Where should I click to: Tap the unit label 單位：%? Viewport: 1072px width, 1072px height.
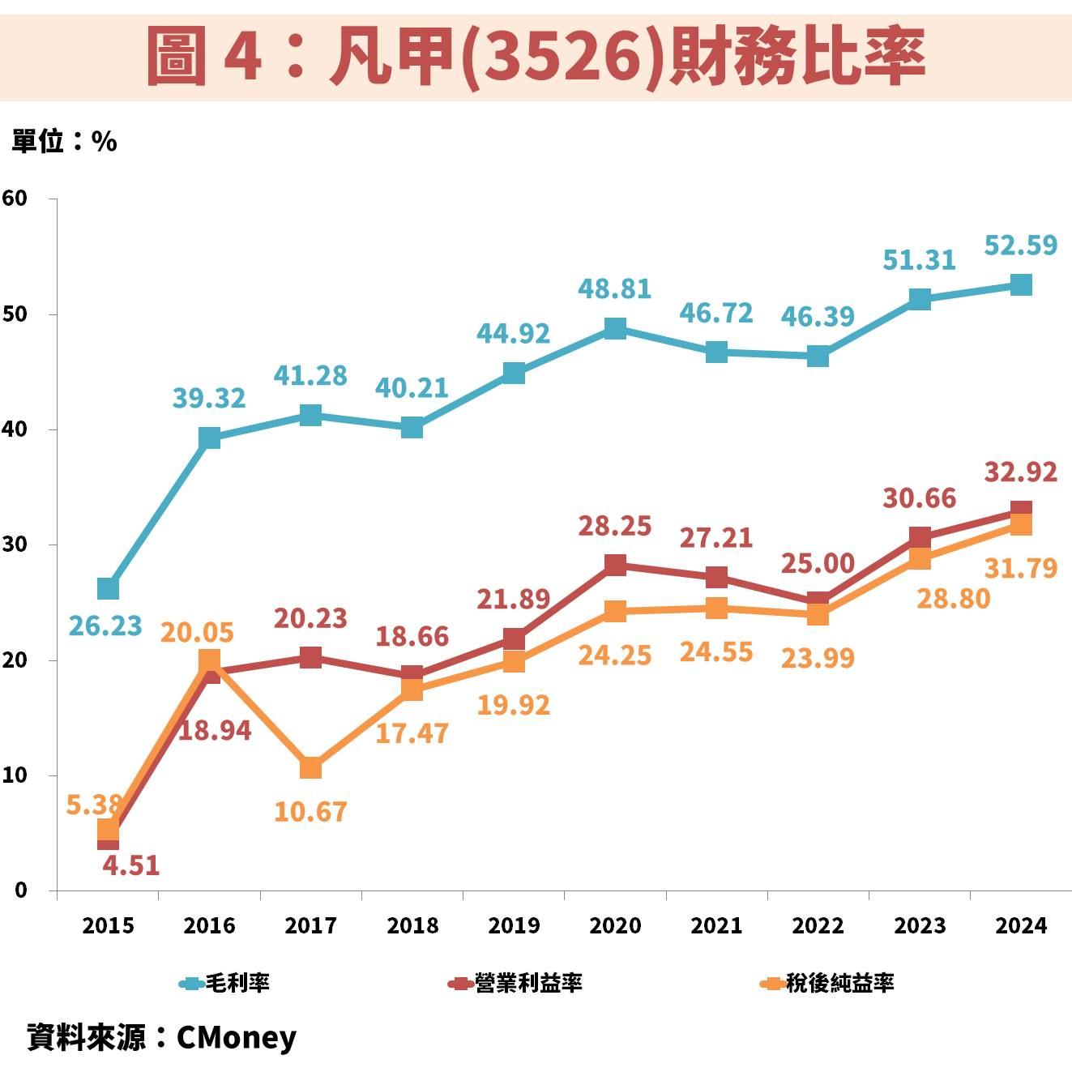64,142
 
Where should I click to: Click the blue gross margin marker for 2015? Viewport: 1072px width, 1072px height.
108,588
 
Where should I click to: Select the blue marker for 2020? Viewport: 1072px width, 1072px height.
615,328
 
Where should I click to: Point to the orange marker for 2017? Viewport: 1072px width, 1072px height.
310,767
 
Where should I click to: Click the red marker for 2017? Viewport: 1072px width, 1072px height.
310,657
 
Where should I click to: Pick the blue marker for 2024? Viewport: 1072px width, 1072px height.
1021,285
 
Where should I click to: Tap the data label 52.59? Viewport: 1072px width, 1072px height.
1020,245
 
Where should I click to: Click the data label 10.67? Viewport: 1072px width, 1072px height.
310,811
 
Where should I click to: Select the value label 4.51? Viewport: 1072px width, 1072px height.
130,865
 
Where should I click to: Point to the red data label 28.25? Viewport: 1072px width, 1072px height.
614,526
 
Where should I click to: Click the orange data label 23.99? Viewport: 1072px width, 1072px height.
817,658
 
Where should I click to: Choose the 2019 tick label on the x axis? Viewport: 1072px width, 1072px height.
514,925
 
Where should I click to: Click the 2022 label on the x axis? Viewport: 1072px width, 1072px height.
818,925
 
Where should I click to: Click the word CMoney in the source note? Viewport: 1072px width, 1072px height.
236,1037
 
